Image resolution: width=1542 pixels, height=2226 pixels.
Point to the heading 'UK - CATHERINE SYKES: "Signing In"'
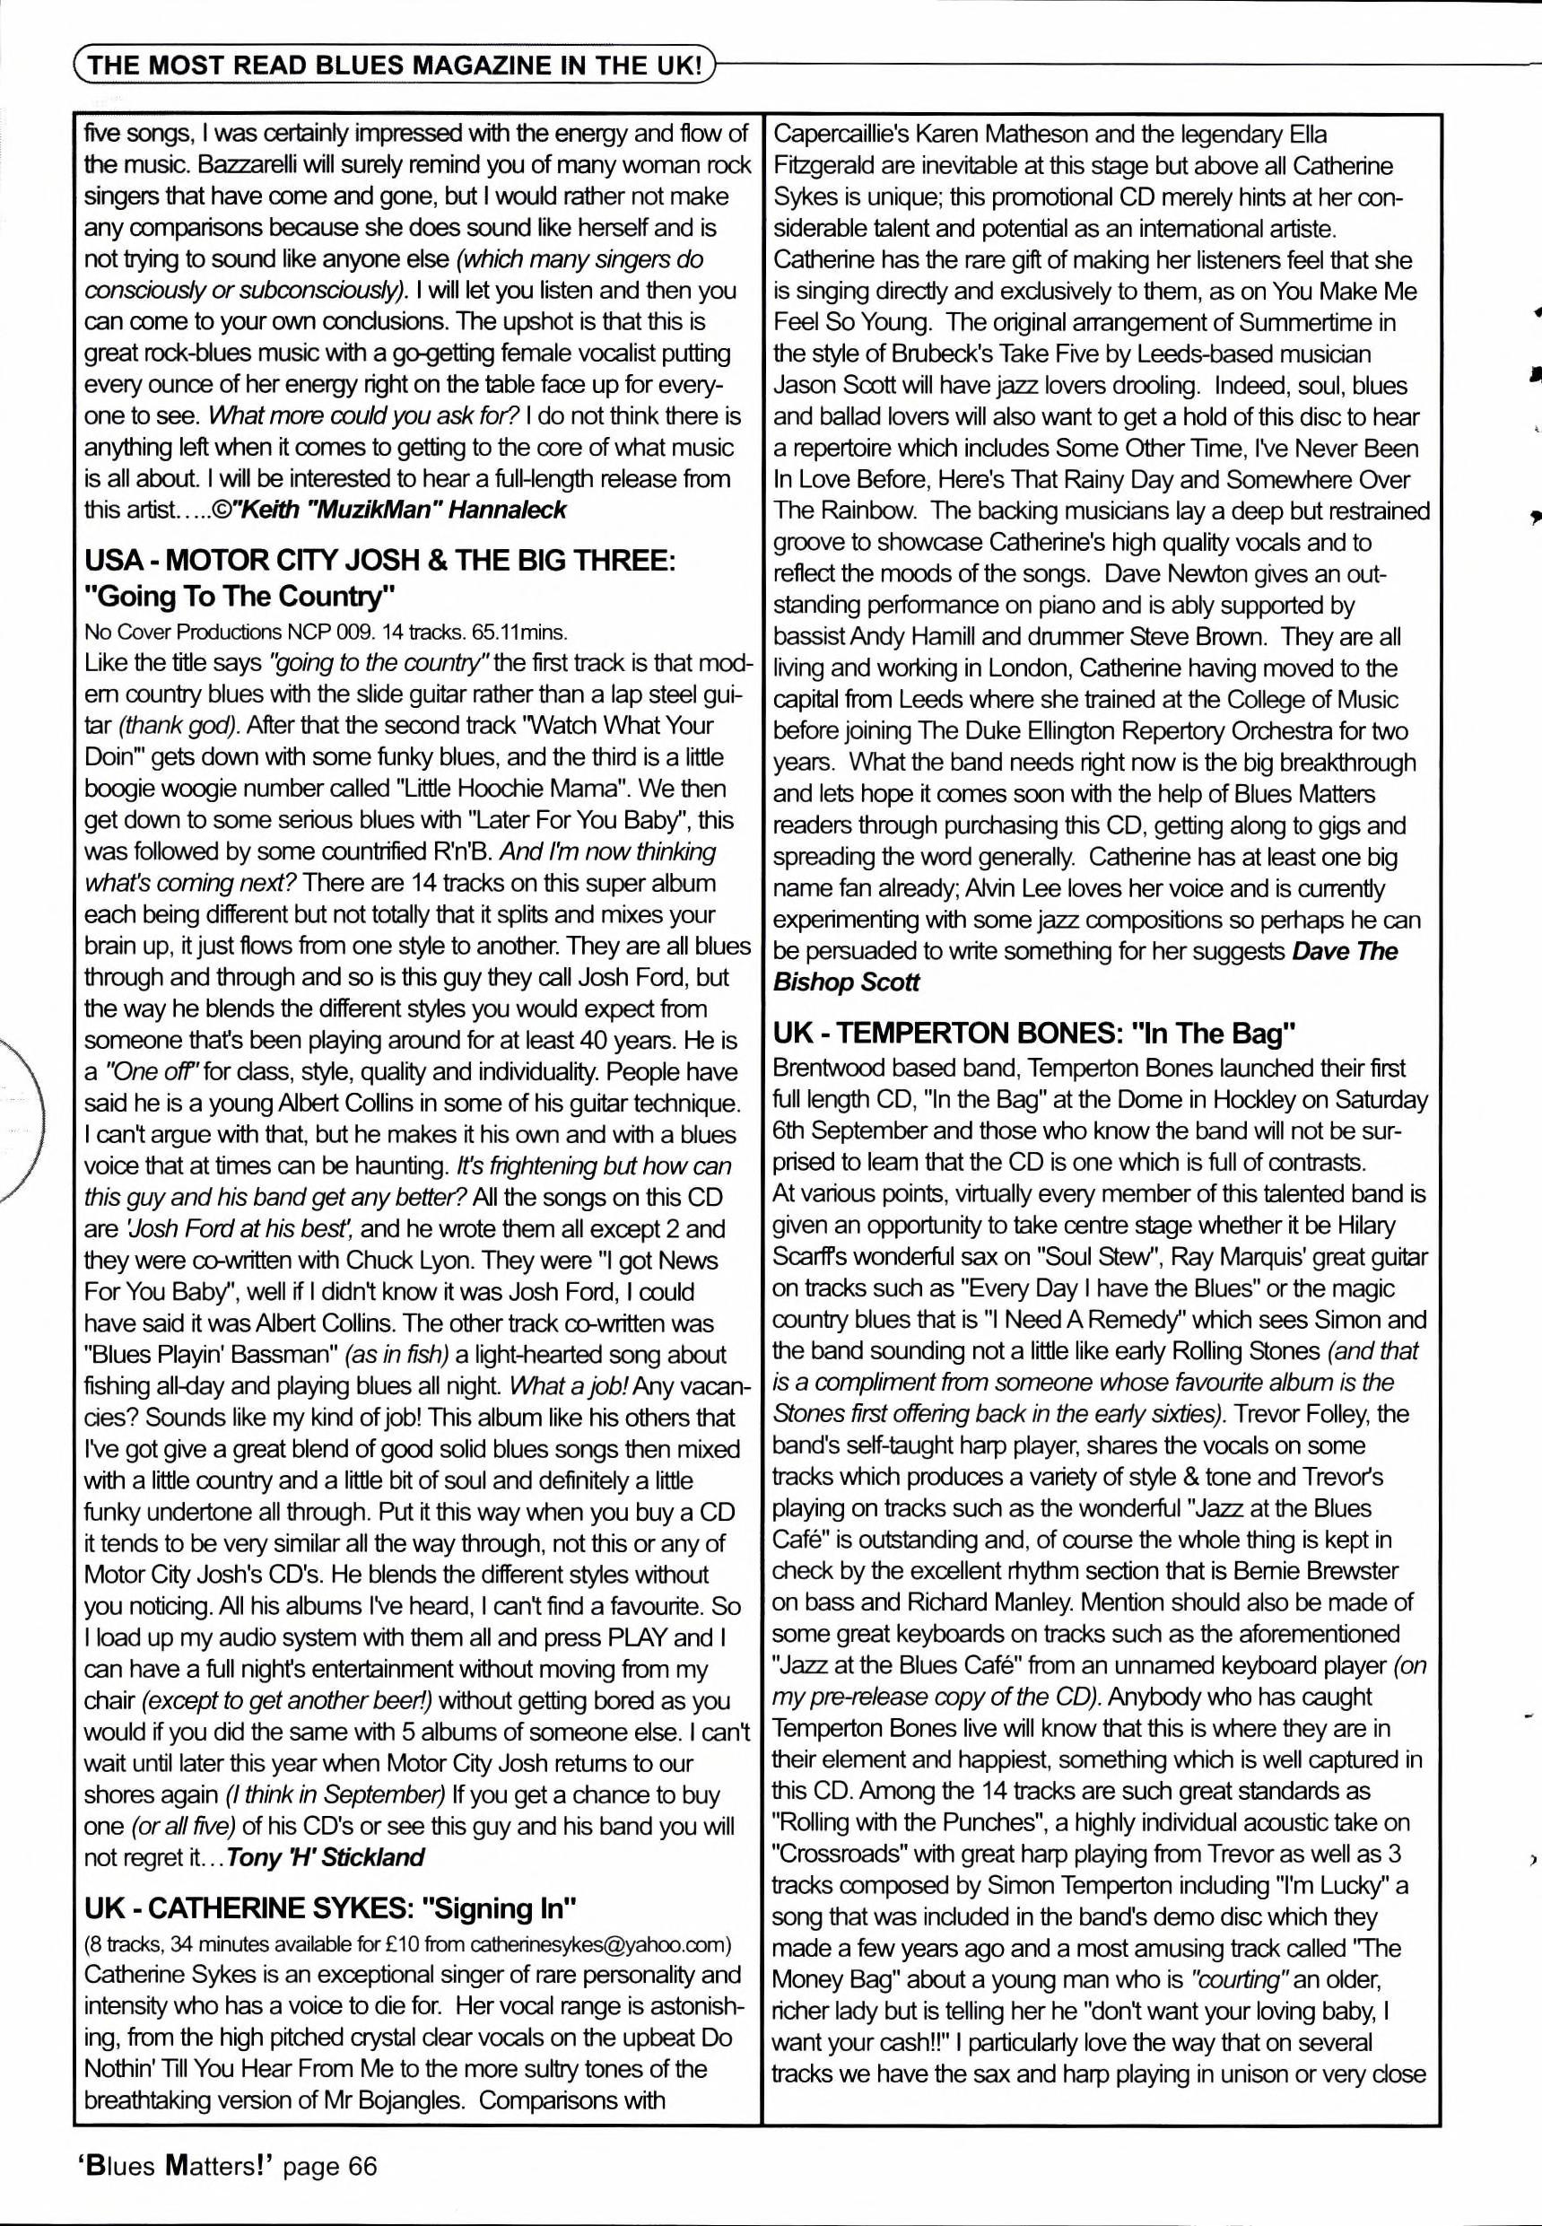(330, 1908)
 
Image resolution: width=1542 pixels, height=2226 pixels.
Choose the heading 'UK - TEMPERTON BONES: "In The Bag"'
(1033, 1034)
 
